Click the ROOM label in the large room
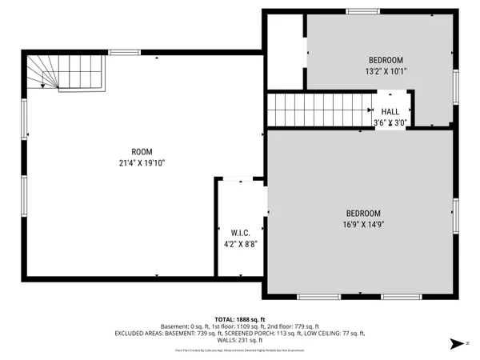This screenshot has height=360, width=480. pos(142,151)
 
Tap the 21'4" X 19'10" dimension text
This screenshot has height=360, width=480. pos(142,162)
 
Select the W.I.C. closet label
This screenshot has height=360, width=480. pos(241,233)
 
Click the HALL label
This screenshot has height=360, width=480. pos(390,112)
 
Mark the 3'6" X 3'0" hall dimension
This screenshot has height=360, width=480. pos(390,123)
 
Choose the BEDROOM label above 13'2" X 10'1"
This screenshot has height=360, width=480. pos(386,60)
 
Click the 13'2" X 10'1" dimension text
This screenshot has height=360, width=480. pos(386,71)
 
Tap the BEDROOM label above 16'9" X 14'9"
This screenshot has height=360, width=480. pos(363,213)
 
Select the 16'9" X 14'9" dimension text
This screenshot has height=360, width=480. pos(363,224)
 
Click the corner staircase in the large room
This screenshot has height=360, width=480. pos(64,73)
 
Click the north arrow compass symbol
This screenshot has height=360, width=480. pos(457,343)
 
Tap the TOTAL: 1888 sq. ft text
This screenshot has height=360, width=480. pos(240,318)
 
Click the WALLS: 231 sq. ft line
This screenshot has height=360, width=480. pos(240,342)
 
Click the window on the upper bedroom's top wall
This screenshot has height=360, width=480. pos(362,10)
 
